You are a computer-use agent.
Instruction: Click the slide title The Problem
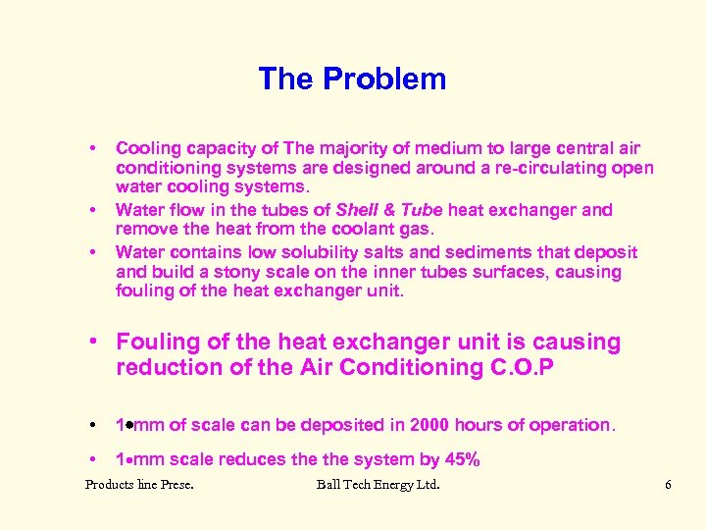coord(352,79)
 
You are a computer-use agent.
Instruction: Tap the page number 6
coord(668,484)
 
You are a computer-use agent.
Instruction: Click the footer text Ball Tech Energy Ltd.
coord(378,484)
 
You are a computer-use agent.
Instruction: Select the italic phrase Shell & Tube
coord(389,209)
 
